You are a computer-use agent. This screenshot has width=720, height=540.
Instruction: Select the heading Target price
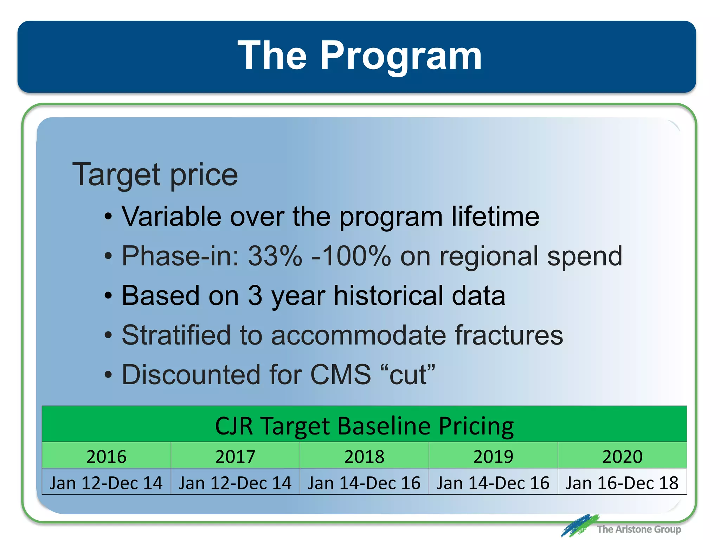(155, 175)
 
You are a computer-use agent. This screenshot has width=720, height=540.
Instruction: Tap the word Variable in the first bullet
(171, 217)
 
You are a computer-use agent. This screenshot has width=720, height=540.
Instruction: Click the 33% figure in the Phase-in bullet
(275, 256)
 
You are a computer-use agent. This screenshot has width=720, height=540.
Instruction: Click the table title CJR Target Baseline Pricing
(364, 426)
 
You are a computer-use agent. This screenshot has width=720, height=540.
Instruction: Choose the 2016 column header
(107, 456)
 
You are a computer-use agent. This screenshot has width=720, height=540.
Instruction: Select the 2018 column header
(364, 456)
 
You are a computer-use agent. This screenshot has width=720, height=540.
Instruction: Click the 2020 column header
(622, 456)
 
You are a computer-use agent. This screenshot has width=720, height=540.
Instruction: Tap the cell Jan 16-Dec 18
(622, 483)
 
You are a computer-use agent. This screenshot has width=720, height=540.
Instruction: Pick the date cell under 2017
(235, 483)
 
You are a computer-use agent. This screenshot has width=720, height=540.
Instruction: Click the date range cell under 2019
(493, 483)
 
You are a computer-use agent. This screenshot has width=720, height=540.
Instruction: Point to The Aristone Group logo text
(638, 529)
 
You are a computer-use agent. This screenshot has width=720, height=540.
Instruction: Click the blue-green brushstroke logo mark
(579, 526)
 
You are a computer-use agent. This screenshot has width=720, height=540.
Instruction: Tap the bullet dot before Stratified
(108, 336)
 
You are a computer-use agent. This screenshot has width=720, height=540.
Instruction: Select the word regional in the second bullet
(489, 256)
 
